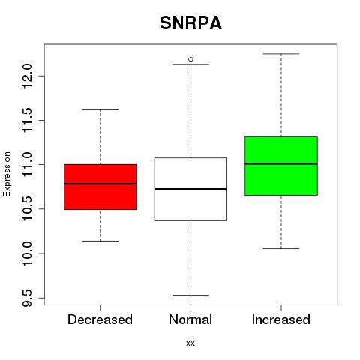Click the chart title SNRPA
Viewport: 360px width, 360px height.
click(x=190, y=23)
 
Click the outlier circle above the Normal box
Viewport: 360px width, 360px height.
click(x=190, y=59)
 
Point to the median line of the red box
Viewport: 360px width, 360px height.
click(x=100, y=184)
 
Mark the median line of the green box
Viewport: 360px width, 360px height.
click(x=281, y=163)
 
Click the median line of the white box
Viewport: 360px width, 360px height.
click(x=190, y=189)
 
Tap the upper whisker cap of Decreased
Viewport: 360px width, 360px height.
click(x=100, y=109)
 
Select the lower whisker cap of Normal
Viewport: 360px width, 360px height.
click(x=190, y=295)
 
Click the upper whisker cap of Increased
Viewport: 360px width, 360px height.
click(x=281, y=54)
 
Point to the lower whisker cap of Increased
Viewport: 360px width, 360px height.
click(x=281, y=248)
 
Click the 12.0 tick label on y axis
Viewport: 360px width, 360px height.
click(x=27, y=76)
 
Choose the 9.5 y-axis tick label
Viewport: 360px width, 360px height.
click(x=27, y=298)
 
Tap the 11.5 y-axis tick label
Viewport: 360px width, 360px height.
click(x=27, y=120)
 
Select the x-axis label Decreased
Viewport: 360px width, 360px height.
click(x=100, y=319)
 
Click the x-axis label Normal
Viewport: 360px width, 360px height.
click(x=190, y=319)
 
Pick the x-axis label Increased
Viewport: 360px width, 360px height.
click(x=281, y=319)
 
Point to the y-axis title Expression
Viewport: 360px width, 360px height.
click(x=7, y=174)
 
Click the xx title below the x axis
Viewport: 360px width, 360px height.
click(x=190, y=343)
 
